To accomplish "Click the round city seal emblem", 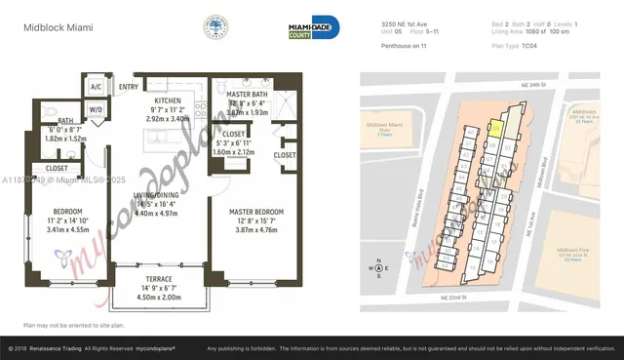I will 216,26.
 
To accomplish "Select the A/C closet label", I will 96,87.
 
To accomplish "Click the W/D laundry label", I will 96,110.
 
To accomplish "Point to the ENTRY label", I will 129,87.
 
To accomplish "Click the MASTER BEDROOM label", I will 256,211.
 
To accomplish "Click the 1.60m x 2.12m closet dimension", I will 232,152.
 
